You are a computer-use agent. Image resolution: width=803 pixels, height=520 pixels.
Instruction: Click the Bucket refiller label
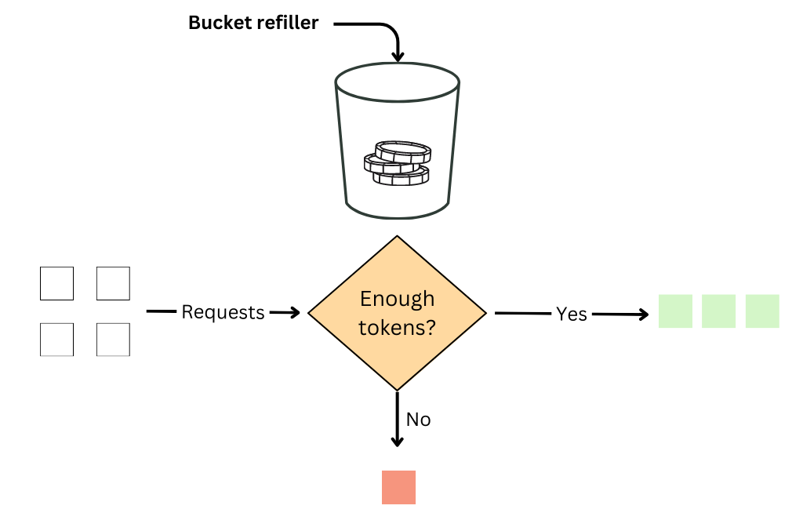(253, 23)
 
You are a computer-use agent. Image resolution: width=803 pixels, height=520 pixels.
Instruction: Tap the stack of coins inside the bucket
(398, 163)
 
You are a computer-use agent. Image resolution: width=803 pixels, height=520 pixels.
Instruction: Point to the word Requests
(223, 312)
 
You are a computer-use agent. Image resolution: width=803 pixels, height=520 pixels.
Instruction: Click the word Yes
(572, 314)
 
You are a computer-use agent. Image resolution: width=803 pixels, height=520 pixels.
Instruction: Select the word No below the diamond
(418, 420)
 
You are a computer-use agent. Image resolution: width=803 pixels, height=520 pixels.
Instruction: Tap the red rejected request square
(398, 487)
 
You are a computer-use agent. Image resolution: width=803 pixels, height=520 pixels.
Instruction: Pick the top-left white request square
(56, 283)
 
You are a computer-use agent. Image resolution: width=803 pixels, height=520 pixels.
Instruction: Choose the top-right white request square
(113, 283)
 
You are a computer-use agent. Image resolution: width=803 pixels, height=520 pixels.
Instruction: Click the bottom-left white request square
(56, 340)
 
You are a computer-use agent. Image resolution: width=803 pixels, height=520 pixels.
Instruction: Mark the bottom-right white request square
(113, 340)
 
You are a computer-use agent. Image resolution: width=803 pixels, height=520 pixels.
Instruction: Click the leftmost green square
(675, 311)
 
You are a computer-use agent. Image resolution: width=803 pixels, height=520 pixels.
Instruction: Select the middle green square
(718, 311)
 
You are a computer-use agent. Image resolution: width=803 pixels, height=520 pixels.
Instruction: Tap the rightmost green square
(762, 311)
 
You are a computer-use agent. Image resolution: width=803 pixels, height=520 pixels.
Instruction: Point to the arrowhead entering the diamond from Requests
(295, 313)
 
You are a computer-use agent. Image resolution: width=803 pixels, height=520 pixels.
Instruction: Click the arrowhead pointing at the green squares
(643, 315)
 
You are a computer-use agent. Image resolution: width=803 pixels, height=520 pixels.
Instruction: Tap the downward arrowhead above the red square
(398, 441)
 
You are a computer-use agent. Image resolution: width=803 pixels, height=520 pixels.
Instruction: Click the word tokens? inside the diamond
(397, 328)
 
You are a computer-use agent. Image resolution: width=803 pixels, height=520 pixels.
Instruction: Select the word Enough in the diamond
(397, 299)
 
